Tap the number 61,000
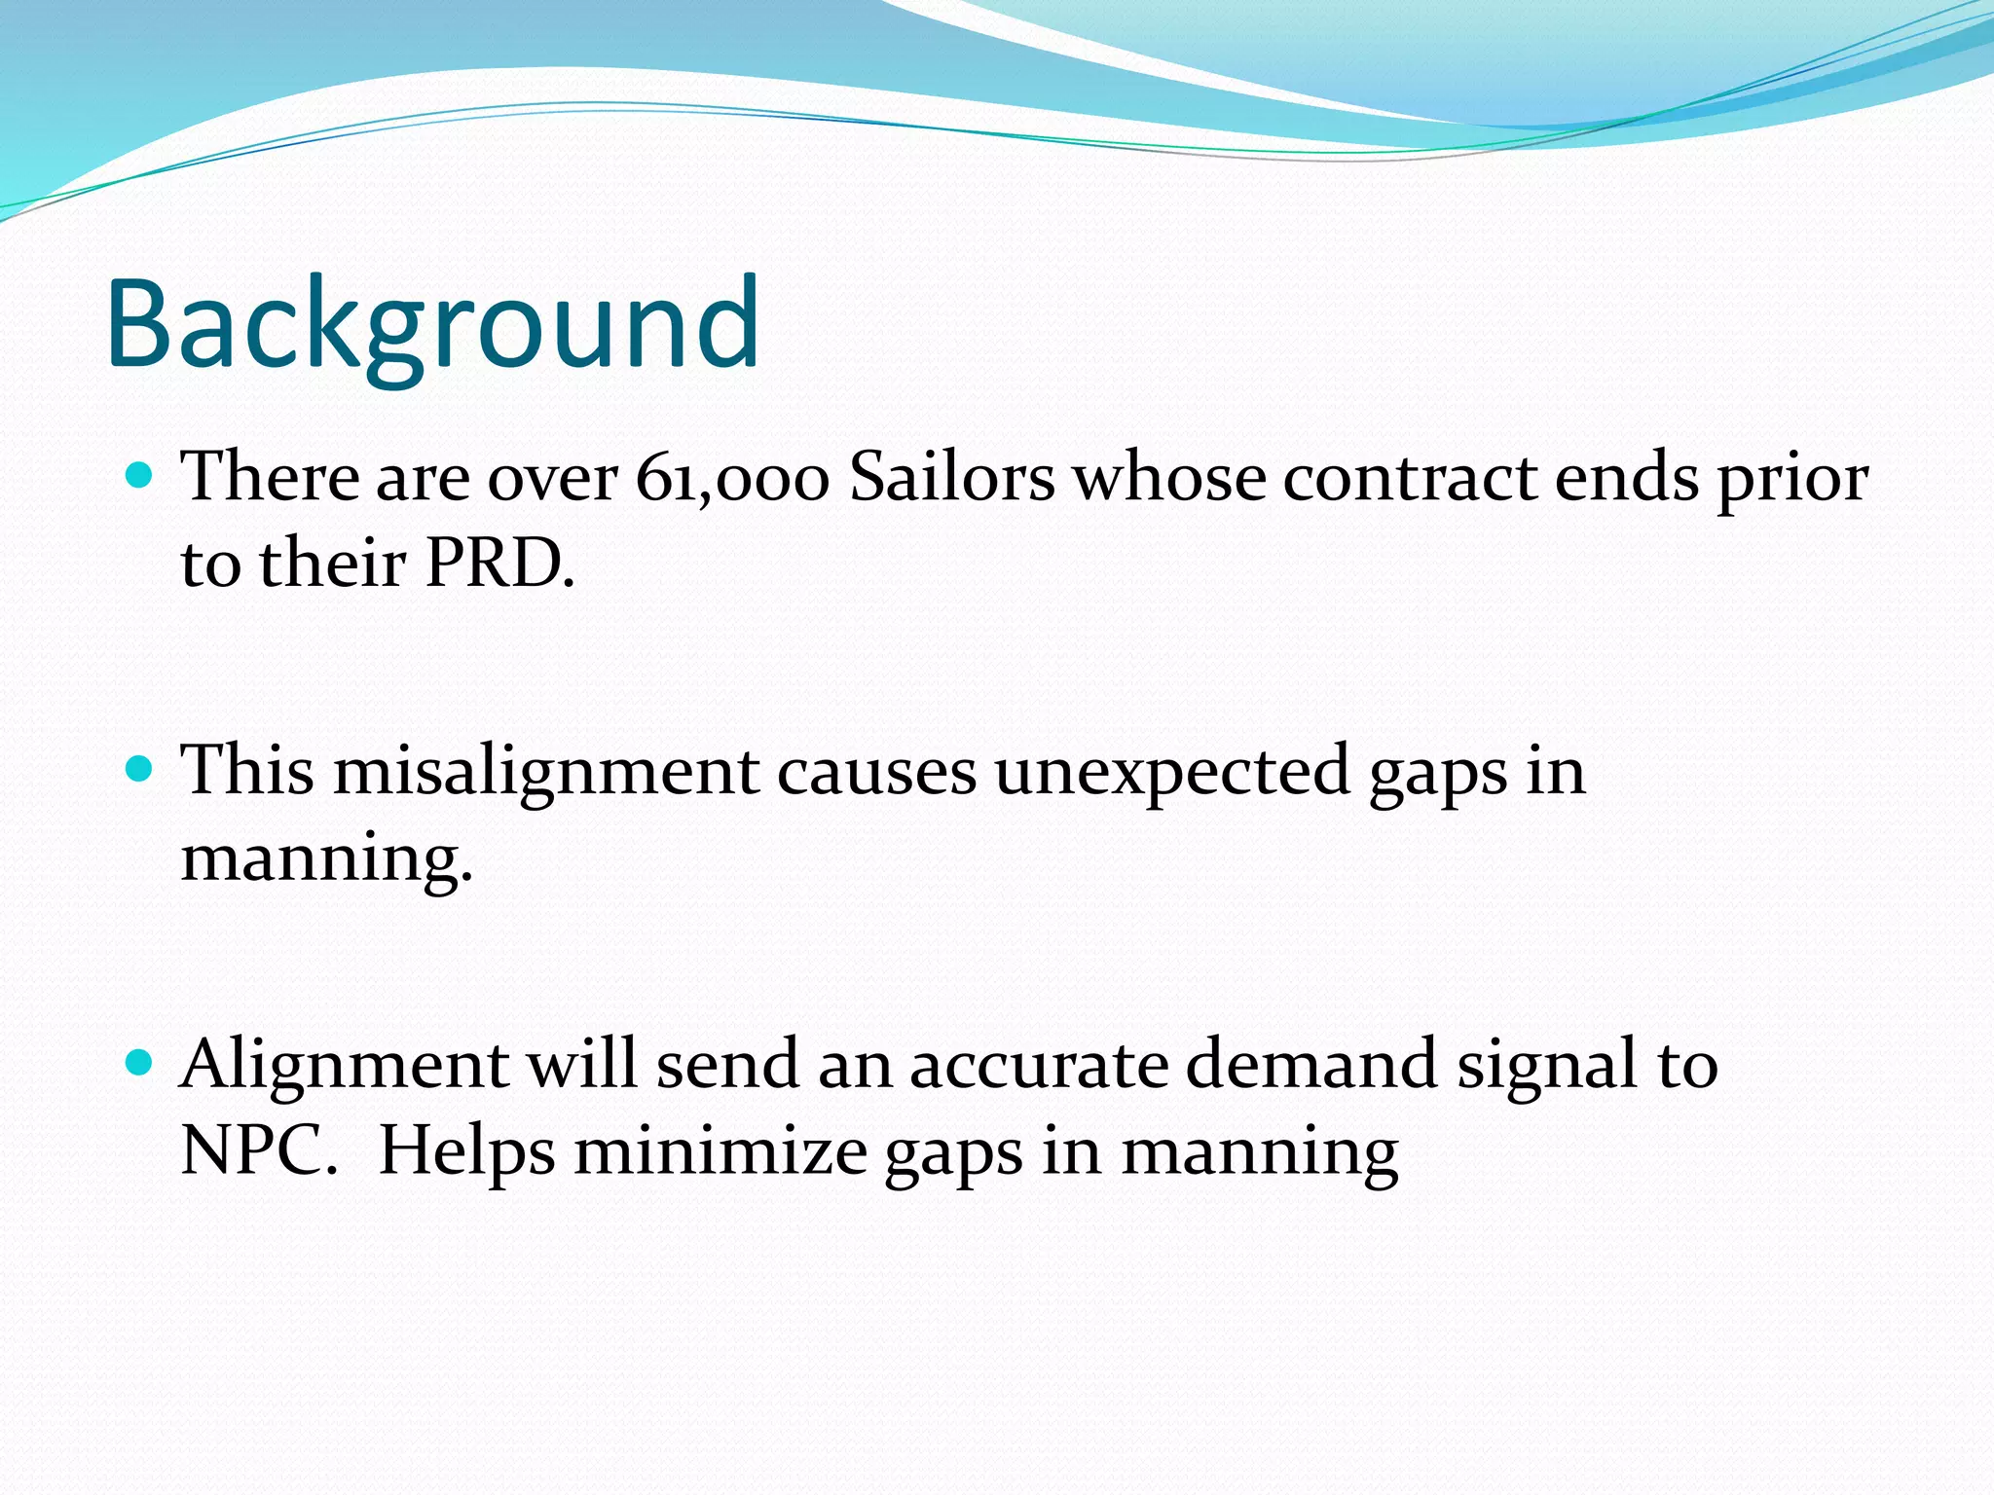(x=731, y=479)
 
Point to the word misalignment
(x=546, y=772)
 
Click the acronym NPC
(x=257, y=1151)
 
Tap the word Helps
(x=466, y=1151)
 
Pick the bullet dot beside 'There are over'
(x=140, y=476)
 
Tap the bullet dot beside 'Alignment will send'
(x=140, y=1063)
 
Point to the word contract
(x=1408, y=479)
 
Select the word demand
(x=1311, y=1064)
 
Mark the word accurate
(x=1038, y=1066)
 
